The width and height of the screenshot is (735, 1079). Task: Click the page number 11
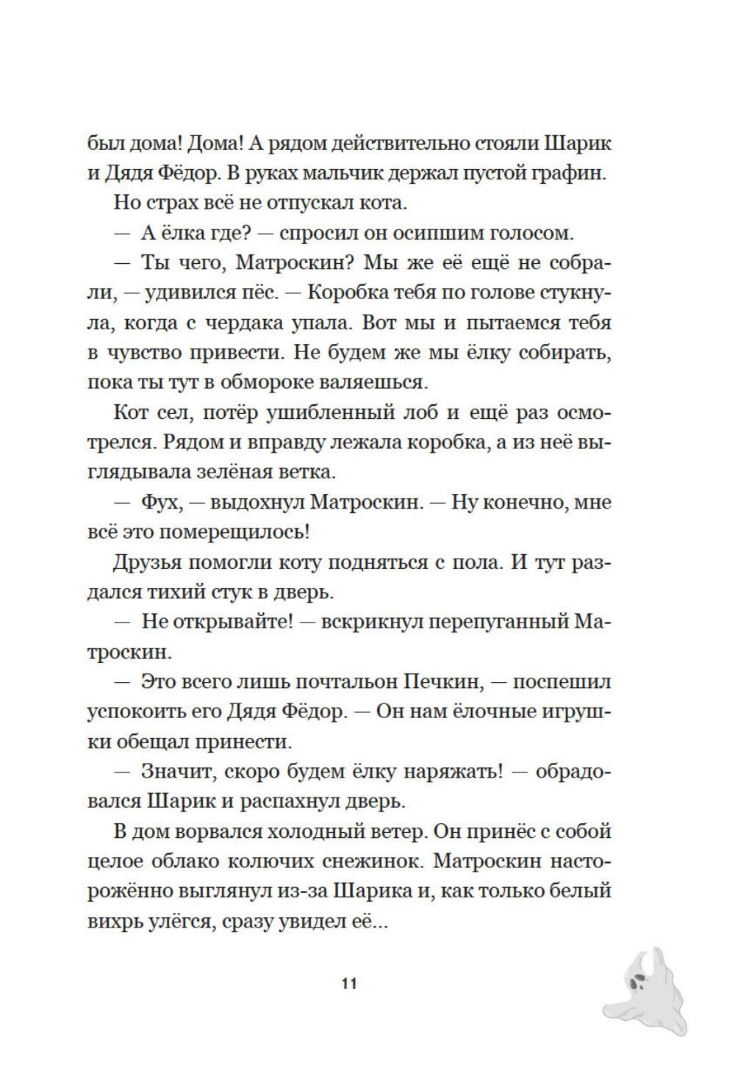[349, 983]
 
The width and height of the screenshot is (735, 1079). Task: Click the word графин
[571, 173]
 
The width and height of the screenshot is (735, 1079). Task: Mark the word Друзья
[147, 562]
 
